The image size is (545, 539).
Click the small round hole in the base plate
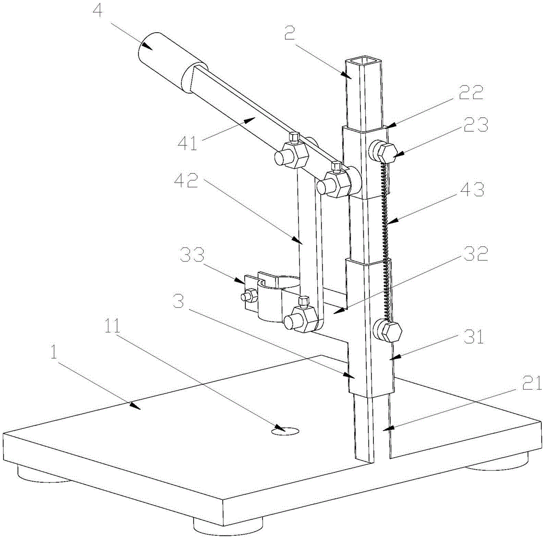click(x=285, y=431)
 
